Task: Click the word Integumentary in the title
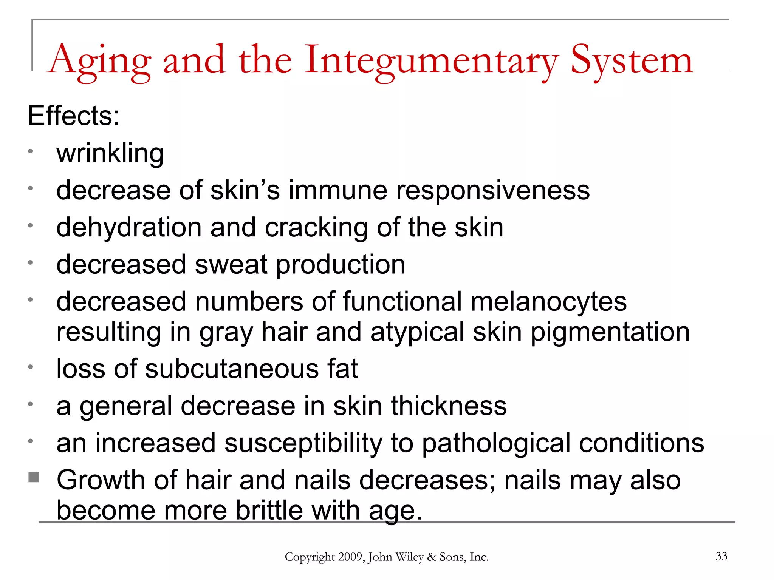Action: point(430,60)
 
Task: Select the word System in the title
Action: point(632,60)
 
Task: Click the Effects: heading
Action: point(74,116)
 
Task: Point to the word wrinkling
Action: point(110,153)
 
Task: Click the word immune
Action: point(338,190)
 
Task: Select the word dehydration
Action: point(129,227)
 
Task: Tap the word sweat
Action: point(231,264)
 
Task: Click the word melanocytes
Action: point(548,302)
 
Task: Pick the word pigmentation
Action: point(610,332)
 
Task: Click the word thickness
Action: point(449,406)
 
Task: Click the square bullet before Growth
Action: point(34,477)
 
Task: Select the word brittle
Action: point(269,510)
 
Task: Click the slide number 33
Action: point(721,556)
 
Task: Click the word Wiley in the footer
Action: point(409,557)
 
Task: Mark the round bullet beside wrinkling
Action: point(31,151)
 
